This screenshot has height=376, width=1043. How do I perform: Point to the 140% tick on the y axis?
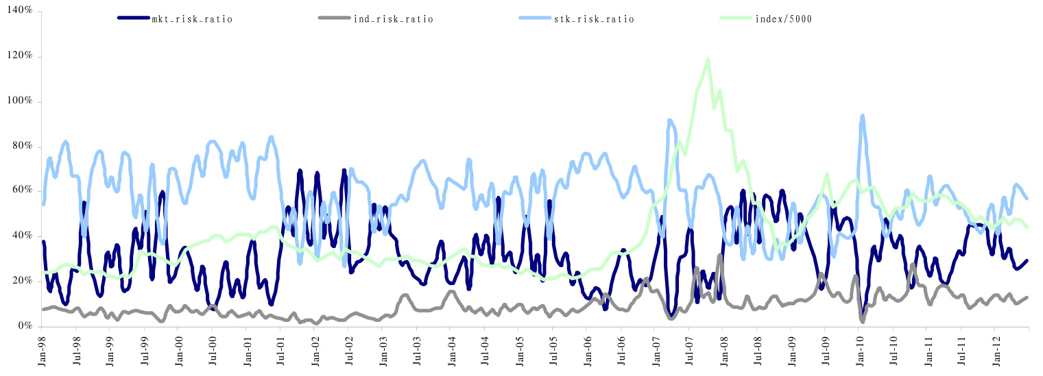click(x=20, y=12)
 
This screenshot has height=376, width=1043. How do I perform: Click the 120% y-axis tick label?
click(x=20, y=56)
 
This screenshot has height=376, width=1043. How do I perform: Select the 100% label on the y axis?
click(x=20, y=101)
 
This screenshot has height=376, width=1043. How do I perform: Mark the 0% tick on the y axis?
click(x=25, y=326)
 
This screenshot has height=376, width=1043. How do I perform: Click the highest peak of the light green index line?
click(x=708, y=60)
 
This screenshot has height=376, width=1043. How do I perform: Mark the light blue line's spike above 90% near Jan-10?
click(x=862, y=116)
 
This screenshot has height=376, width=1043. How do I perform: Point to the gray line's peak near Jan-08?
click(x=720, y=256)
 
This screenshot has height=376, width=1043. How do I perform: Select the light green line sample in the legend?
click(x=736, y=18)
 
